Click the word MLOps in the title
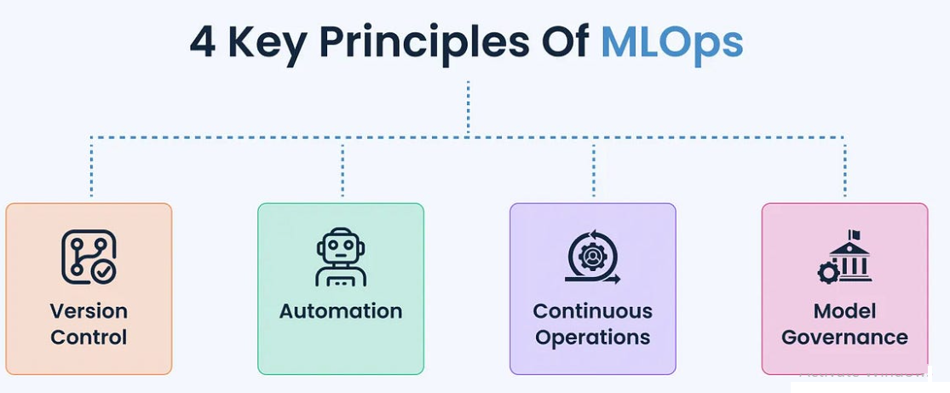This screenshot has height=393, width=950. point(671,43)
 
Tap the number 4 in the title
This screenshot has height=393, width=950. point(202,43)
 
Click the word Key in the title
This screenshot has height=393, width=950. point(266,43)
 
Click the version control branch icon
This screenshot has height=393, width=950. point(88,257)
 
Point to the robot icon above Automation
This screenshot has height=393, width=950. point(341,257)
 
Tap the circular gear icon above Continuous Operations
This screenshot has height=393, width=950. point(592,257)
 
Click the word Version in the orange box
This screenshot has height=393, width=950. point(89,310)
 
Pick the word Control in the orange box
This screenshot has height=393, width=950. point(89,338)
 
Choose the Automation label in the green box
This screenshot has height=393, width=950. point(341,311)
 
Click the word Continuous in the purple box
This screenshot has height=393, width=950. point(593,310)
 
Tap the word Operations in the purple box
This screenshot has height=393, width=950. point(593,338)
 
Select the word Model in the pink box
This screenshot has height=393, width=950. point(844,310)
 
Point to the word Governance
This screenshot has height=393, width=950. point(844,338)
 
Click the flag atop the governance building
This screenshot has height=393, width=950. point(854,234)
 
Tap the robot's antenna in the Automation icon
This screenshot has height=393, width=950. point(341,232)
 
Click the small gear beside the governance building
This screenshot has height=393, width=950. point(827,273)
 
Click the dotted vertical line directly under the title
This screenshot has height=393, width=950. point(468,107)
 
